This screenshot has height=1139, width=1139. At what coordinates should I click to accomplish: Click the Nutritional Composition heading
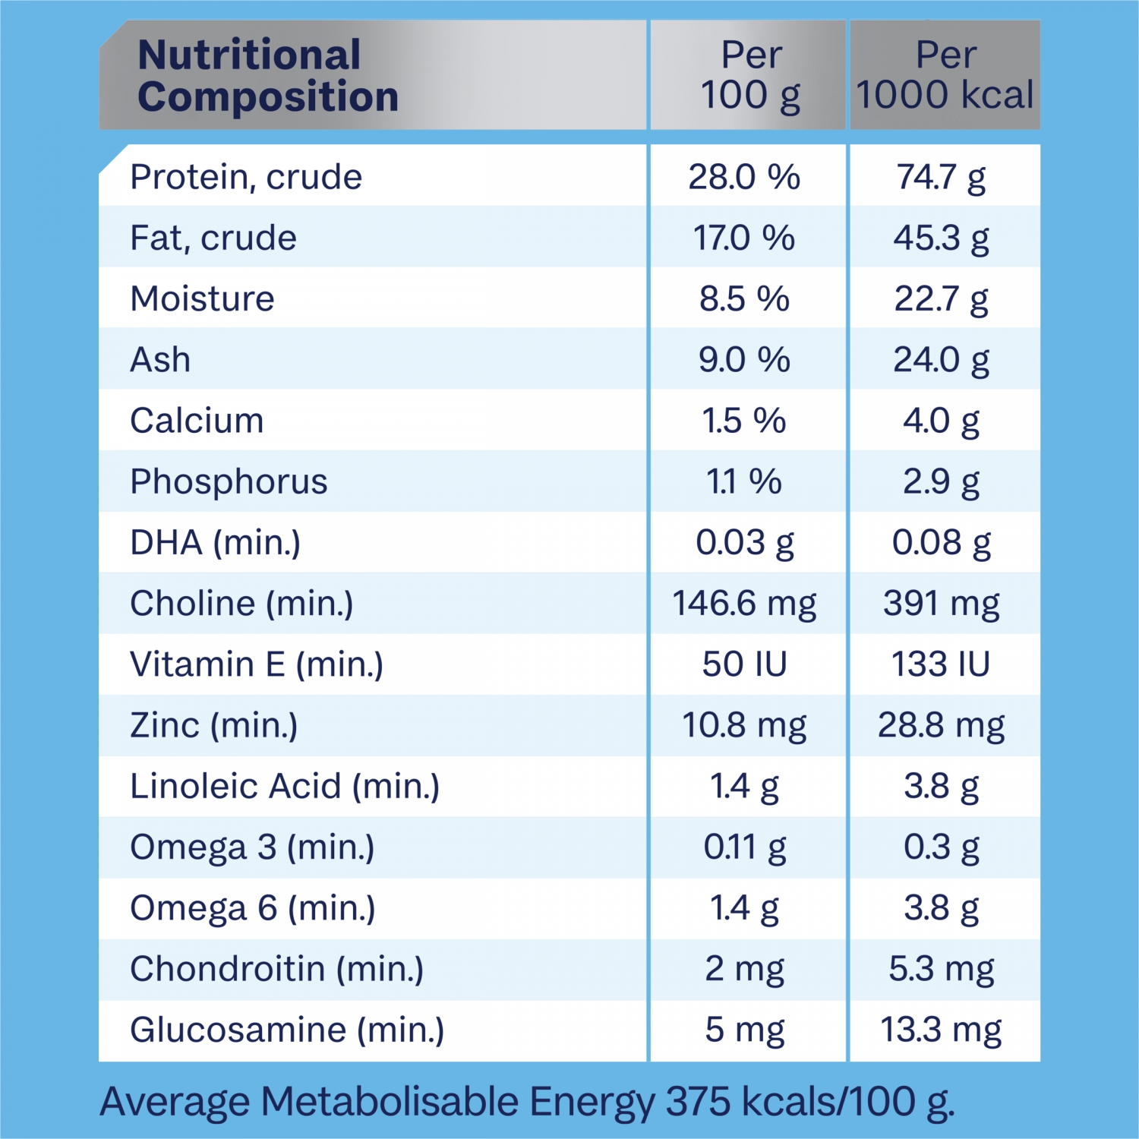click(x=267, y=76)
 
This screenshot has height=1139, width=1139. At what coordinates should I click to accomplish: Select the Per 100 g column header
click(x=750, y=76)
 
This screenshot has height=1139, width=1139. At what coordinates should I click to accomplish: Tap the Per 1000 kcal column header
click(x=945, y=76)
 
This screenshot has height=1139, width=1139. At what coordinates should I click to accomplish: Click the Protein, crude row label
click(x=246, y=177)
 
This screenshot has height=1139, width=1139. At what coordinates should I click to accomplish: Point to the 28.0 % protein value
click(x=744, y=177)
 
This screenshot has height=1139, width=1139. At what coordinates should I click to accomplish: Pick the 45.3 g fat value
click(x=942, y=238)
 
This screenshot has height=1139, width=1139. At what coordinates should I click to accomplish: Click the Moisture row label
click(x=202, y=299)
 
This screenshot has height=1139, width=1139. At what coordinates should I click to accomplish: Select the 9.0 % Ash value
click(x=744, y=360)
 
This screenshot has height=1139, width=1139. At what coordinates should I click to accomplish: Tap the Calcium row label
click(x=197, y=421)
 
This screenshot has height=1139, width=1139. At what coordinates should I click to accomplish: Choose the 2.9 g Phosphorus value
click(x=942, y=481)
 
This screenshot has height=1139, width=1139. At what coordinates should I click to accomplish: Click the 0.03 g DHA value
click(x=744, y=543)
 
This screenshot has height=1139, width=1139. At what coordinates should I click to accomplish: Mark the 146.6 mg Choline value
click(x=744, y=604)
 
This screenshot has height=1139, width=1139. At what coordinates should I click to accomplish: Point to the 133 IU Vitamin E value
click(x=942, y=664)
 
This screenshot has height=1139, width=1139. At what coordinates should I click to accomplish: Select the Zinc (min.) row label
click(x=213, y=725)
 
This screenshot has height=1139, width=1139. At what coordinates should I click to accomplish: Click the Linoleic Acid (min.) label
click(x=285, y=787)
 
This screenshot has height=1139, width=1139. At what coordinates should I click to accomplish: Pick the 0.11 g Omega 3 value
click(x=744, y=847)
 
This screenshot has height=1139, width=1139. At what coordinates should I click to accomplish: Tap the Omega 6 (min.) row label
click(x=252, y=908)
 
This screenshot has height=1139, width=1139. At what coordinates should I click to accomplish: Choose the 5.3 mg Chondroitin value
click(x=942, y=969)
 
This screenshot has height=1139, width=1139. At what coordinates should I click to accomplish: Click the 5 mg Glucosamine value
click(x=744, y=1030)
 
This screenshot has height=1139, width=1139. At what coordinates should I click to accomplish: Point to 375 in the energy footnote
click(x=699, y=1102)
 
